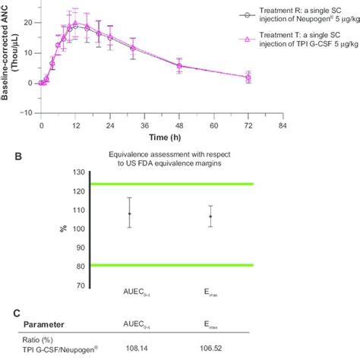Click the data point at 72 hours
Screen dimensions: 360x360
pyautogui.click(x=248, y=77)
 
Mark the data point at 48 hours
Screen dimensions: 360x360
pyautogui.click(x=179, y=65)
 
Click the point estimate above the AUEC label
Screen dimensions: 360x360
pyautogui.click(x=130, y=213)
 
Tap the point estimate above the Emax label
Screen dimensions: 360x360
pyautogui.click(x=210, y=216)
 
